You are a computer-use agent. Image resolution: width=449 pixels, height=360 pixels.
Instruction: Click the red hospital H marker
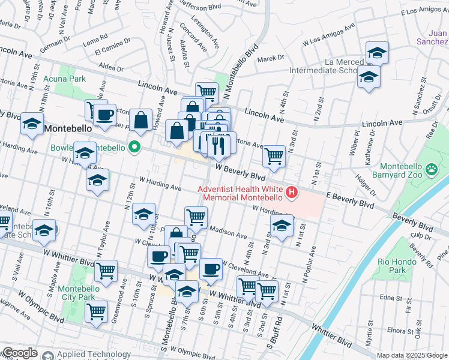292,192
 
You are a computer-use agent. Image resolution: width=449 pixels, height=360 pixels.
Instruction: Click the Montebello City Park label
76,293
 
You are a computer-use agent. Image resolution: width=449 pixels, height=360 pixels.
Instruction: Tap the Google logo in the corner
19,353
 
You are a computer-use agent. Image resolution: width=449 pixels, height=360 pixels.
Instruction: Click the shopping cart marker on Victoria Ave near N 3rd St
274,156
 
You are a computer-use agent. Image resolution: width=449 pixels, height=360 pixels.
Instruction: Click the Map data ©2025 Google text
412,355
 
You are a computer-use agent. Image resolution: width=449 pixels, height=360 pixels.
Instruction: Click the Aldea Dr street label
112,67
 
